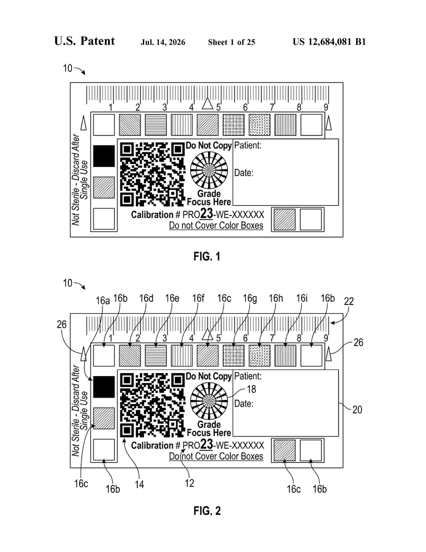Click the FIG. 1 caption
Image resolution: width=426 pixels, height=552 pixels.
pyautogui.click(x=207, y=257)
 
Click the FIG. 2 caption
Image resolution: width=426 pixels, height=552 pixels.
pyautogui.click(x=207, y=511)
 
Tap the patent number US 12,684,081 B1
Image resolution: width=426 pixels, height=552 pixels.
pyautogui.click(x=329, y=42)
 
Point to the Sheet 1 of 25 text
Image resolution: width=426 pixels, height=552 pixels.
pyautogui.click(x=231, y=42)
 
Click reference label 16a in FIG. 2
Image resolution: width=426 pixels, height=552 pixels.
pyautogui.click(x=103, y=301)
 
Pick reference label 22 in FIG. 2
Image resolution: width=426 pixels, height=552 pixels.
pyautogui.click(x=349, y=301)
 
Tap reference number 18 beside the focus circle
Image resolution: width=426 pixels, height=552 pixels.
pyautogui.click(x=251, y=389)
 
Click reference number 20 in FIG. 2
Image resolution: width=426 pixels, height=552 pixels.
pyautogui.click(x=357, y=410)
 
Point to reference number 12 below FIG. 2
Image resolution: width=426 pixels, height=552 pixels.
pyautogui.click(x=190, y=483)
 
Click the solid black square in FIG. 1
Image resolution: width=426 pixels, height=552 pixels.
pyautogui.click(x=104, y=156)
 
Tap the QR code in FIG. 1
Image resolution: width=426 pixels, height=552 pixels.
pyautogui.click(x=152, y=174)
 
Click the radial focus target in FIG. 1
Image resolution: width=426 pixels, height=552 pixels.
pyautogui.click(x=209, y=170)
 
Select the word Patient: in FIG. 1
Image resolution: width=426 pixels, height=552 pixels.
pyautogui.click(x=248, y=145)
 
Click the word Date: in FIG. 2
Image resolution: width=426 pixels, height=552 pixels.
pyautogui.click(x=244, y=404)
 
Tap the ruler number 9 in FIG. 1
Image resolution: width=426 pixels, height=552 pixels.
pyautogui.click(x=326, y=107)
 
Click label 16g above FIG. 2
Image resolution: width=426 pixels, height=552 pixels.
pyautogui.click(x=250, y=298)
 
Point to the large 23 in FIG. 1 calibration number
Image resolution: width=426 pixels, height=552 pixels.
pyautogui.click(x=207, y=213)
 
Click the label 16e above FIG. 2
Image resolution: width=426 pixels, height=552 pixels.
pyautogui.click(x=172, y=298)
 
